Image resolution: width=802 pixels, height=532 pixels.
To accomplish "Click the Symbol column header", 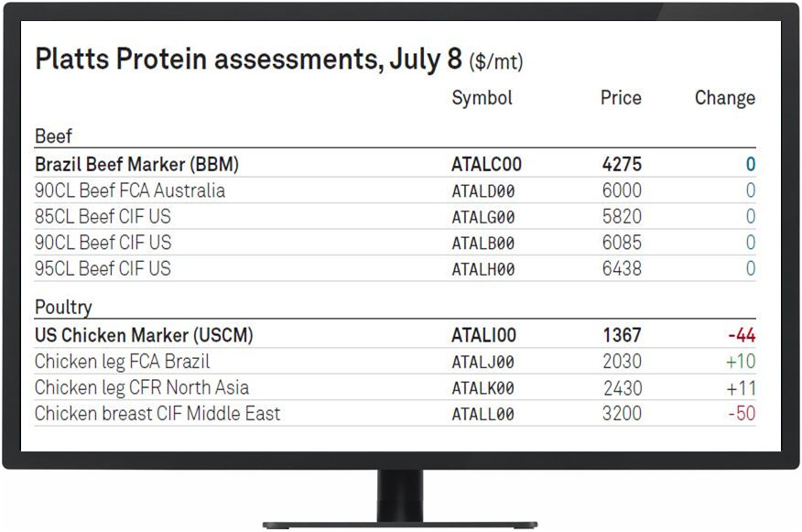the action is (482, 98).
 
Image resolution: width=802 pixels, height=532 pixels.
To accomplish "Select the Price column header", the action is (621, 97).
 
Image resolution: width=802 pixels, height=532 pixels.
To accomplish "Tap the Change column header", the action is (725, 98).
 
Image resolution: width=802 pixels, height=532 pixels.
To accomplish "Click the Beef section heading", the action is (53, 136).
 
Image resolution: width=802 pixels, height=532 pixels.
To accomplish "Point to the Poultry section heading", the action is (63, 307).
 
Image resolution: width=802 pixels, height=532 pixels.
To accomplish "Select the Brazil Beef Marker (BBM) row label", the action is (136, 164).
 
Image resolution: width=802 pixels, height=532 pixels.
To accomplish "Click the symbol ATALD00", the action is (482, 190).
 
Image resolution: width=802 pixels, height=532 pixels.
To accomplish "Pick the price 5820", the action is (622, 216).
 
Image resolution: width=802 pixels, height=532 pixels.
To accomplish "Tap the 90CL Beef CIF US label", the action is (103, 243).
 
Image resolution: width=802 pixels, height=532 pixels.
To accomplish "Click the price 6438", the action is (622, 268).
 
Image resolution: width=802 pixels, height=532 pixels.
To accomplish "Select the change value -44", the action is (742, 335).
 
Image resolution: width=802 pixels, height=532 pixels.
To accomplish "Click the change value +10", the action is (741, 362).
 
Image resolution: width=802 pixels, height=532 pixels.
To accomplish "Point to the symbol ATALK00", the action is (482, 388).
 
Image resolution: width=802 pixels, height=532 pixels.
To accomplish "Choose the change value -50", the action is (742, 413).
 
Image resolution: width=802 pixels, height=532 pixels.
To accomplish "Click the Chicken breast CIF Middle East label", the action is (157, 413).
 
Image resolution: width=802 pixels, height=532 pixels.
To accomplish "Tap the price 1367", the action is (622, 335).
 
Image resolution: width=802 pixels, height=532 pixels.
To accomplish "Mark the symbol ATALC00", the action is (486, 164).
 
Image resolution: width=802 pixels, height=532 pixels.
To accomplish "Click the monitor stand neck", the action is (400, 495).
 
